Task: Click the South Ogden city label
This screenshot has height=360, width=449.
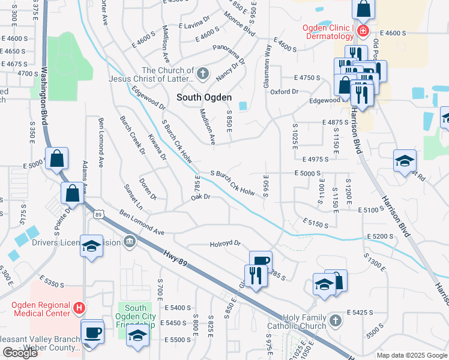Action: [x=203, y=97]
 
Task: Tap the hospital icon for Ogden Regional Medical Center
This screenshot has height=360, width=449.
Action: [x=78, y=308]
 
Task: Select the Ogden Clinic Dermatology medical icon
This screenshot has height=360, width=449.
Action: [x=363, y=30]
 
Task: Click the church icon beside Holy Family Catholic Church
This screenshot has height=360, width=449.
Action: [x=336, y=321]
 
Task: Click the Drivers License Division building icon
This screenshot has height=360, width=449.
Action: [x=129, y=242]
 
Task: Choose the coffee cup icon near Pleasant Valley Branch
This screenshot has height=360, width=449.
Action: [x=92, y=333]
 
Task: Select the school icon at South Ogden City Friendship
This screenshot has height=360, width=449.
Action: [x=138, y=336]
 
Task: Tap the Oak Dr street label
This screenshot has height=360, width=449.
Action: [x=200, y=197]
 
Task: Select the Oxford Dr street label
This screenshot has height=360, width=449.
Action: [x=284, y=92]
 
